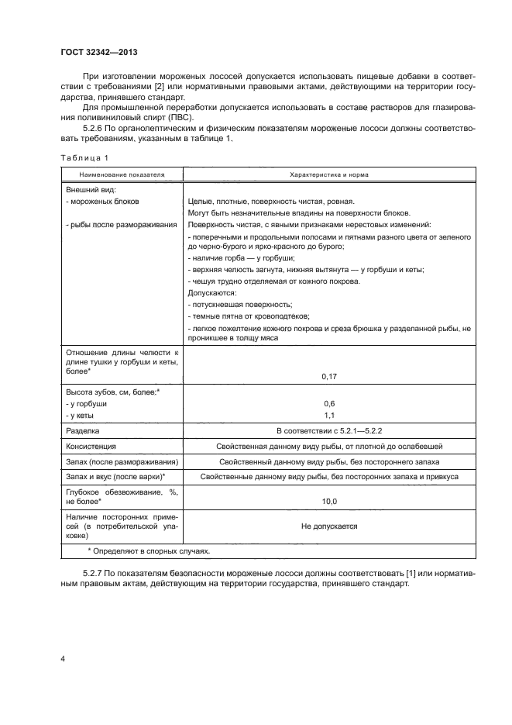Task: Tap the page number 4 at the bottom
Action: pos(64,659)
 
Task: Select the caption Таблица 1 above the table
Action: pos(85,158)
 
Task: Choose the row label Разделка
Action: pos(84,431)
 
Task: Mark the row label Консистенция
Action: pos(91,447)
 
